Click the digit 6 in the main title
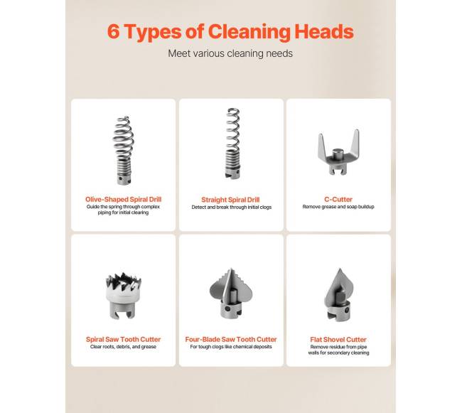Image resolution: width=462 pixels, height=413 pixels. [114, 31]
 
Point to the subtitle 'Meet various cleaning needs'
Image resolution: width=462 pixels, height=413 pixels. [230, 53]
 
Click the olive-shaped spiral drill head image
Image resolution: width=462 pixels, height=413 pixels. [124, 150]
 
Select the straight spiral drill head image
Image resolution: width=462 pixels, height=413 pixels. [232, 144]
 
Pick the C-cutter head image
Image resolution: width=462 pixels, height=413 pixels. [339, 153]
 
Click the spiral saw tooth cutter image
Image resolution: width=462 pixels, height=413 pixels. [124, 296]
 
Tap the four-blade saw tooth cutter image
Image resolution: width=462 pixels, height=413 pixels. [231, 293]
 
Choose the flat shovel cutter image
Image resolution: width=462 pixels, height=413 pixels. [338, 294]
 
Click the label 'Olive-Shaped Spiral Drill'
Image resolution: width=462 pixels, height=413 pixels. [123, 200]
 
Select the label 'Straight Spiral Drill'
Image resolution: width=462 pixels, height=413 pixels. [230, 200]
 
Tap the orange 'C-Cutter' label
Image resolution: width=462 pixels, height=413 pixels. [338, 200]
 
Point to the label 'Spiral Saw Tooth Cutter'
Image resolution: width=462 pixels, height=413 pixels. [123, 339]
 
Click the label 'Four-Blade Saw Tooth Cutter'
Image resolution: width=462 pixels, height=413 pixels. [231, 339]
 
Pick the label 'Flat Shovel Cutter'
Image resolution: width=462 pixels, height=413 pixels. [338, 340]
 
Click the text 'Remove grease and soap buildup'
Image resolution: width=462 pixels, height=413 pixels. [338, 207]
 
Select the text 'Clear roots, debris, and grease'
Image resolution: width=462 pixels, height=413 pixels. [123, 347]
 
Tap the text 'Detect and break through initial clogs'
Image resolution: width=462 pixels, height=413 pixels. [231, 207]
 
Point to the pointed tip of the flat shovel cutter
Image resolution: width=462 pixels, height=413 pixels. [340, 269]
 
